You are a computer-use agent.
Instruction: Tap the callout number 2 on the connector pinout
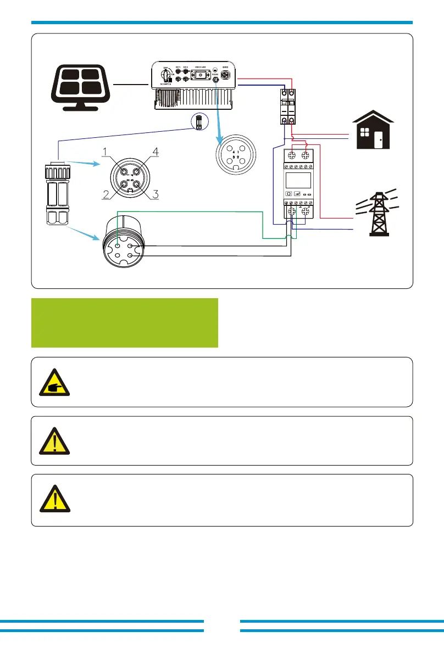point(105,193)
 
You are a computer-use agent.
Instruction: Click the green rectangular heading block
point(125,323)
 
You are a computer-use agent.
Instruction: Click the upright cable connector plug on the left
point(57,193)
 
